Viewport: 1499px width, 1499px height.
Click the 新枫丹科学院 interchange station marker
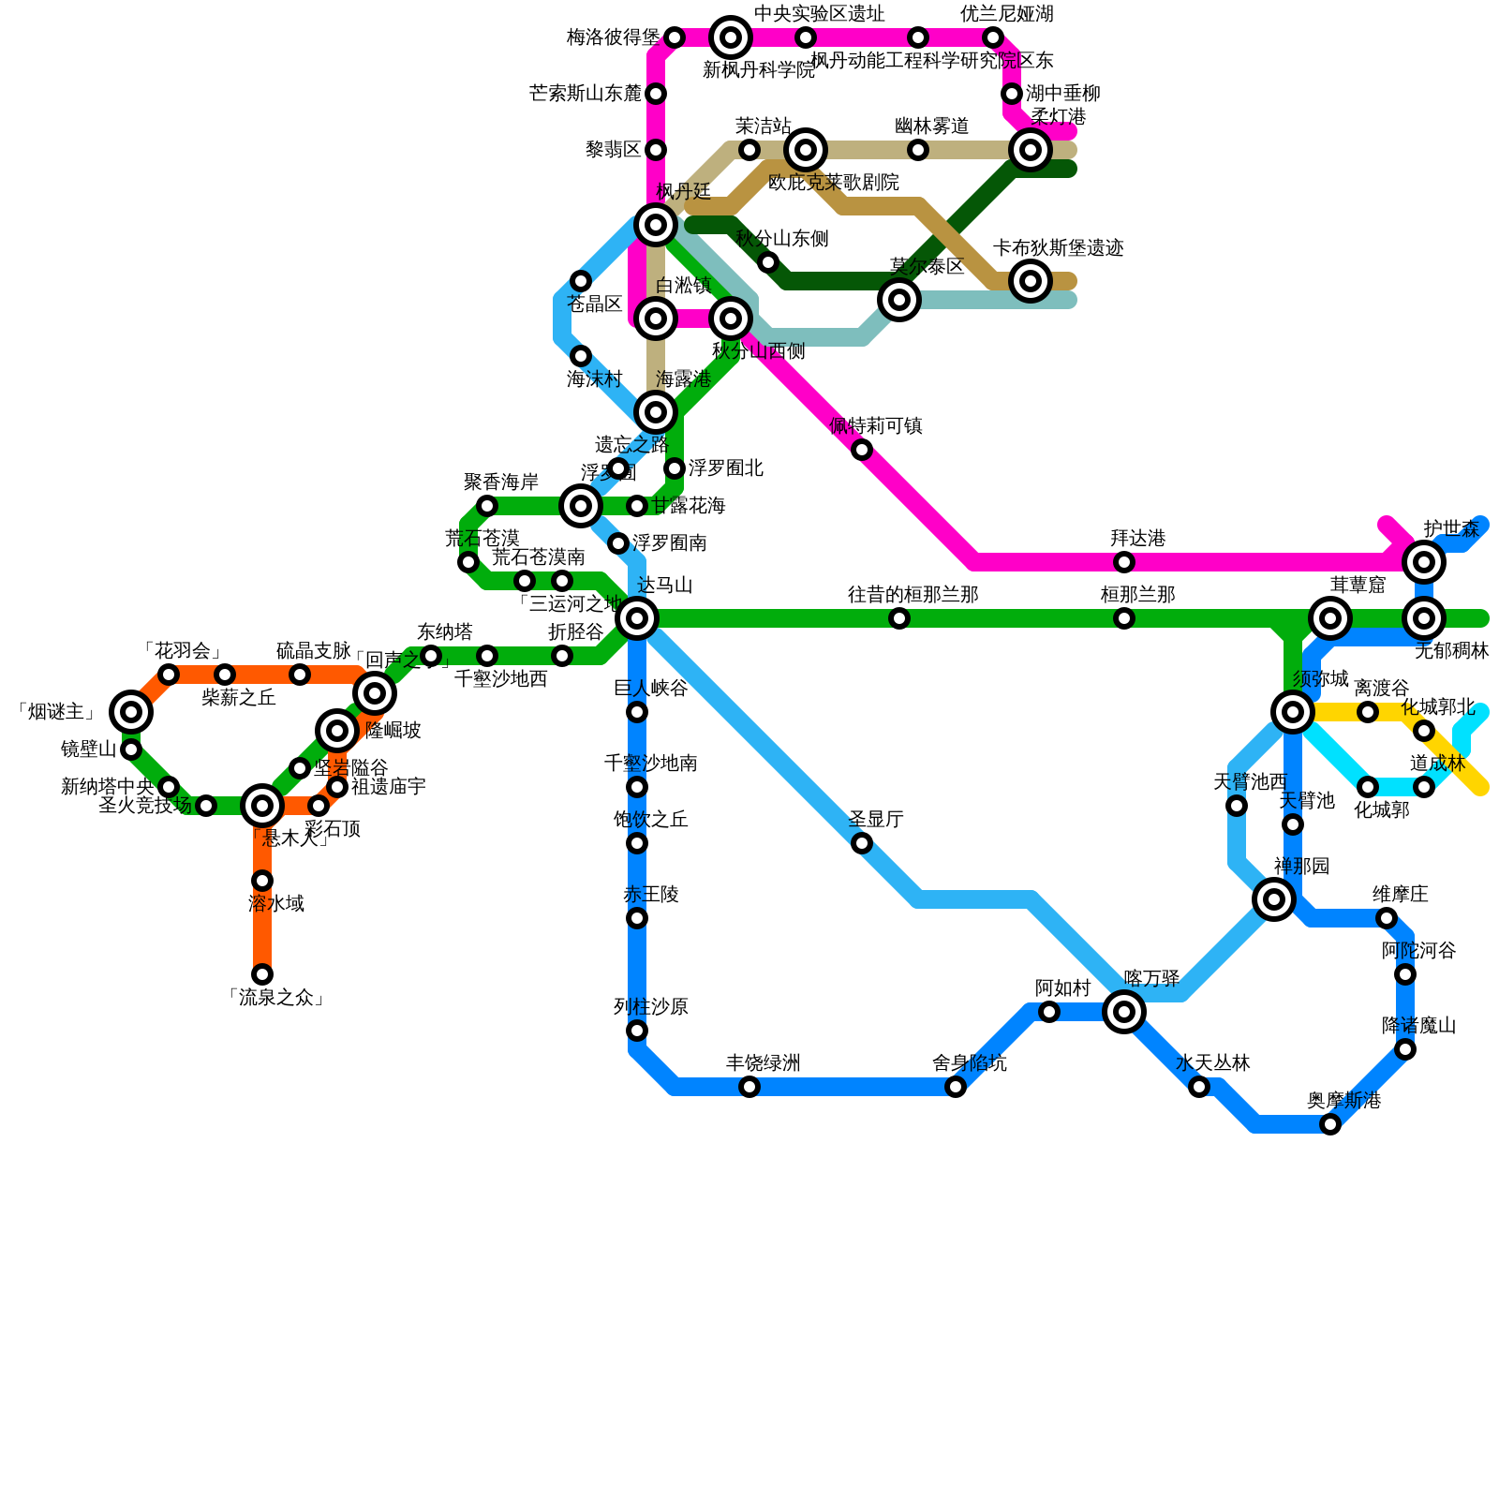pyautogui.click(x=731, y=37)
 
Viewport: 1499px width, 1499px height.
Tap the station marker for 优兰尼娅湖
pyautogui.click(x=993, y=37)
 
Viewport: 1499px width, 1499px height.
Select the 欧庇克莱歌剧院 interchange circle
pyautogui.click(x=806, y=150)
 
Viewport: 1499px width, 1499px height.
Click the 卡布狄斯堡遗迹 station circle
pyautogui.click(x=1031, y=280)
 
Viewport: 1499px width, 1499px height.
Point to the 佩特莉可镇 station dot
pyautogui.click(x=862, y=450)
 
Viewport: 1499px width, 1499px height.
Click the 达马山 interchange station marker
pyautogui.click(x=637, y=618)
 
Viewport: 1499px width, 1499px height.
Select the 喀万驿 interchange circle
pyautogui.click(x=1124, y=1012)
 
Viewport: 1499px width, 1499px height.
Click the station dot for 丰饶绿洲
pyautogui.click(x=749, y=1087)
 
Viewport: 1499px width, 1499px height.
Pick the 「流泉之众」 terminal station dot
pyautogui.click(x=262, y=974)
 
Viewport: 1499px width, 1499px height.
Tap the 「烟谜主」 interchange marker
pyautogui.click(x=131, y=712)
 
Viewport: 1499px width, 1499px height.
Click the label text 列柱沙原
pyautogui.click(x=650, y=1007)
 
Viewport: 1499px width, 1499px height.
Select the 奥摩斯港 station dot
pyautogui.click(x=1330, y=1124)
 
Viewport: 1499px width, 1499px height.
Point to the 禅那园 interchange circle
pyautogui.click(x=1274, y=899)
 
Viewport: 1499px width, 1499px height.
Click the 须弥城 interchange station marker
pyautogui.click(x=1293, y=712)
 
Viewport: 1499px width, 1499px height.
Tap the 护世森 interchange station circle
pyautogui.click(x=1424, y=562)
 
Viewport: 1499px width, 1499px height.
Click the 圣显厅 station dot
pyautogui.click(x=862, y=843)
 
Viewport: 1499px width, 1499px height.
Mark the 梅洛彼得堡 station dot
pyautogui.click(x=675, y=37)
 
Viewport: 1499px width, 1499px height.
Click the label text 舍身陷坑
pyautogui.click(x=969, y=1063)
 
